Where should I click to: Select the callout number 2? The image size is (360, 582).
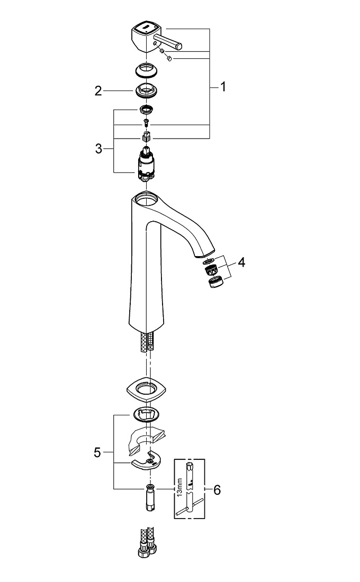pos(98,91)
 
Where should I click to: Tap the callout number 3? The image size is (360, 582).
pos(98,149)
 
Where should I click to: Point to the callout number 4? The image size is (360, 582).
pos(241,262)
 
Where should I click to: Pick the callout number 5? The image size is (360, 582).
pos(97,452)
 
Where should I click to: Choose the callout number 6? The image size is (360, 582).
pos(217,490)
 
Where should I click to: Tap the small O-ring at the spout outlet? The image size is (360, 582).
pos(210,261)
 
